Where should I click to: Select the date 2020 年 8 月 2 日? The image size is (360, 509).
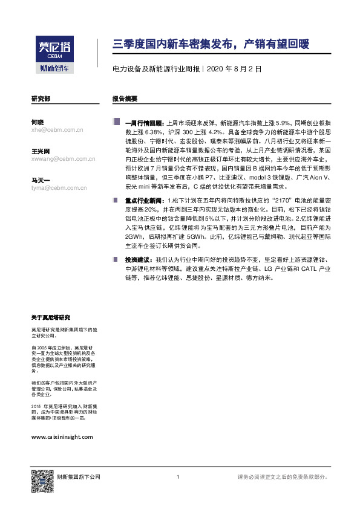[234, 70]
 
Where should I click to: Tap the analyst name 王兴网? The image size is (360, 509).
[40, 151]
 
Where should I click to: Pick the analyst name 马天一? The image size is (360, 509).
[40, 180]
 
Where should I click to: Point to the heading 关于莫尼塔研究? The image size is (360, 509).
[51, 317]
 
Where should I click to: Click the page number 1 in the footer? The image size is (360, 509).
[178, 477]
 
